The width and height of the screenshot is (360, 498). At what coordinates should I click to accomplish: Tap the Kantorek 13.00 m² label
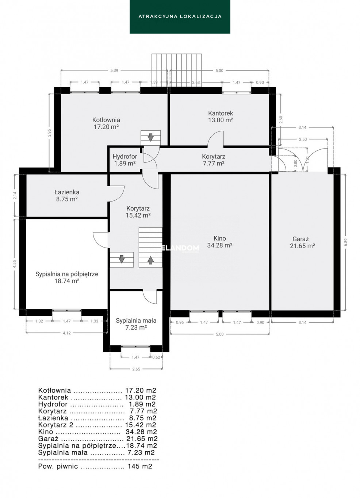[x=221, y=116]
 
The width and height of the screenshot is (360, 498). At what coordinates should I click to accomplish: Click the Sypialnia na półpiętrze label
[x=67, y=277]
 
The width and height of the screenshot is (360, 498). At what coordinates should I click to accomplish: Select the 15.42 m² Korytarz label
[x=138, y=212]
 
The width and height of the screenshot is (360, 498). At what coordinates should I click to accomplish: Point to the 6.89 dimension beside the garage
[x=345, y=242]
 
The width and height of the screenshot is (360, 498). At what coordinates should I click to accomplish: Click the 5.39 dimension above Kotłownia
[x=114, y=70]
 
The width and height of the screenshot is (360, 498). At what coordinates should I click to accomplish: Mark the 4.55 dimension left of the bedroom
[x=15, y=264]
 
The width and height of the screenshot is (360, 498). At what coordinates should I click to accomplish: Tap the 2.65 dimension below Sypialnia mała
[x=136, y=369]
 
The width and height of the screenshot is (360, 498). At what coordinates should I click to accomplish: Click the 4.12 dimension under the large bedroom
[x=67, y=333]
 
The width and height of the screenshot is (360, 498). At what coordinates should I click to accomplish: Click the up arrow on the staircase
[x=150, y=260]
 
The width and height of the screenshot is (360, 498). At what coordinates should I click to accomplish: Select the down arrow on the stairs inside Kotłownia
[x=150, y=137]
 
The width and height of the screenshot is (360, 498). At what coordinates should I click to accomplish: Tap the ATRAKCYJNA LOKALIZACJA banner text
[x=180, y=16]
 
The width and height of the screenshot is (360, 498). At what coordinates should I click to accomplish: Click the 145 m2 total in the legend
[x=140, y=466]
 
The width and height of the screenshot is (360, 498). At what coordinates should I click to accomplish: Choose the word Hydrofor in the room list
[x=53, y=404]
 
